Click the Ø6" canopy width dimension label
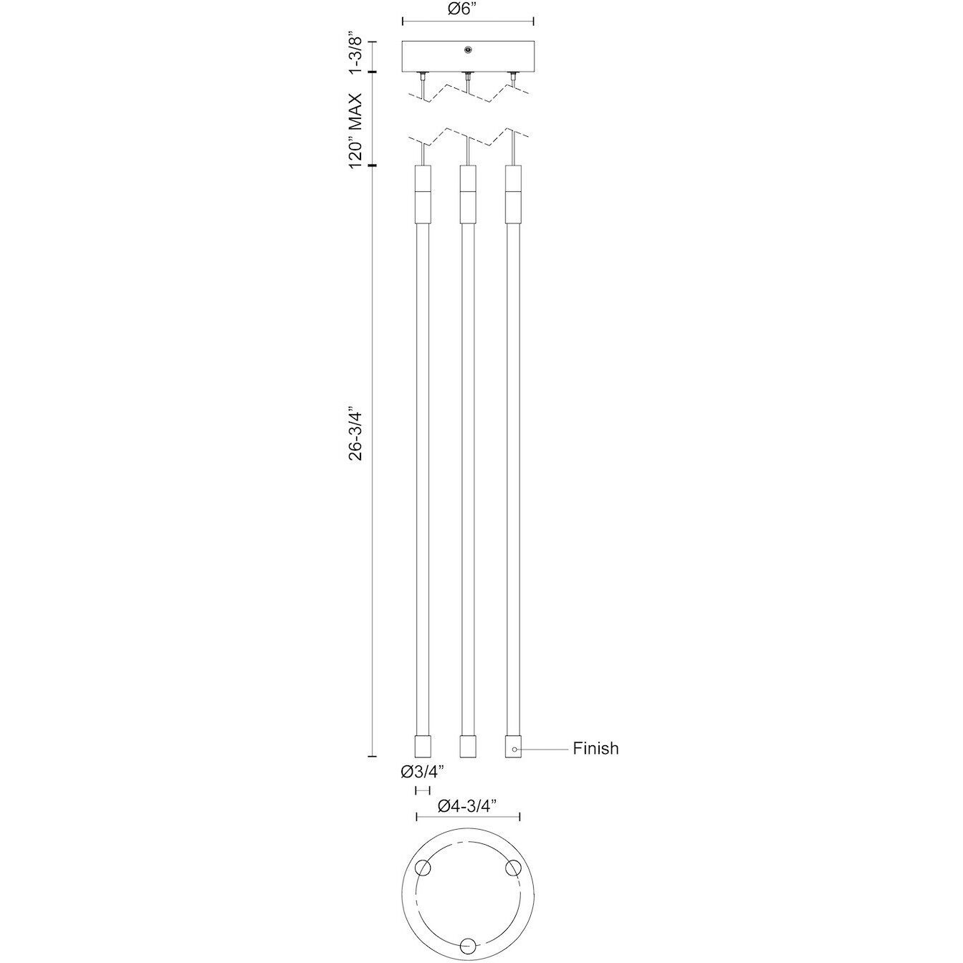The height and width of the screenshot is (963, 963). (467, 9)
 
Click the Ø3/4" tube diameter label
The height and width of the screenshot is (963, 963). (423, 772)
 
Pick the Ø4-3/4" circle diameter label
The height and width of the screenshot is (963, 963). (468, 807)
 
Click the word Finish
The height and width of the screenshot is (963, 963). (595, 749)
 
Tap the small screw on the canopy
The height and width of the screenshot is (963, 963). (467, 49)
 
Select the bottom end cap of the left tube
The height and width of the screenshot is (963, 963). (422, 747)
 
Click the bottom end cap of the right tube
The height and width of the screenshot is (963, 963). (512, 747)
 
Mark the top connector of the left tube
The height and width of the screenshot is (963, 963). (422, 194)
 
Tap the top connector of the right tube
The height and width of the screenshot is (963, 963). (512, 194)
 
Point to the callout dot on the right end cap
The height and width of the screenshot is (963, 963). (514, 749)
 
